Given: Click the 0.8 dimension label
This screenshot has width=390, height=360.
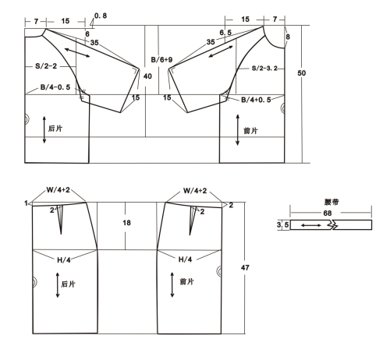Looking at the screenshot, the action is pos(101,16).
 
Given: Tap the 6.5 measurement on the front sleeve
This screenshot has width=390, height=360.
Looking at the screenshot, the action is pos(225,33).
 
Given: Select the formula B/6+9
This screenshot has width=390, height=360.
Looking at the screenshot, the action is pos(161,60).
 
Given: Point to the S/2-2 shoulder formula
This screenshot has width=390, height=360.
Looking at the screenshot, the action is pos(46,66).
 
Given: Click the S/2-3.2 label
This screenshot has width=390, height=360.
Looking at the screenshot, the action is pos(264,69).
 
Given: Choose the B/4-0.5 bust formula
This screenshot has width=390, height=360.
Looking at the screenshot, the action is pos(55,87).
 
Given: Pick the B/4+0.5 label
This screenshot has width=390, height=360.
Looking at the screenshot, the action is pos(256,100).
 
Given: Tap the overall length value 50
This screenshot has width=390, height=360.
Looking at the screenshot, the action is pos(302,73).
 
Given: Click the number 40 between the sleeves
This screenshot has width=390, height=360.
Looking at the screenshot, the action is pos(147,76).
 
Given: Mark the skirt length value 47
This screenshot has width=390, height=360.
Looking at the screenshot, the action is pos(245,267).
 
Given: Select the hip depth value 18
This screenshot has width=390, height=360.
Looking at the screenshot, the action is pos(126,223).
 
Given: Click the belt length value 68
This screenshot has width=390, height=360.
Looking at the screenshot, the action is pos(328,214).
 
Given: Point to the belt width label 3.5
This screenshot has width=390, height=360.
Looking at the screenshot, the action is pos(282,224).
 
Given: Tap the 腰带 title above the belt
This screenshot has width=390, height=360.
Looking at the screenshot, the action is pos(331,202).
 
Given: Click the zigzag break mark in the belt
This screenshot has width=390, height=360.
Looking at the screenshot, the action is pos(331,224).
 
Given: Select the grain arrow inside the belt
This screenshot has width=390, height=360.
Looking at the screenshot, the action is pos(311,225).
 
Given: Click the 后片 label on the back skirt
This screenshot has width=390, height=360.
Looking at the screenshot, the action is pos(68,284).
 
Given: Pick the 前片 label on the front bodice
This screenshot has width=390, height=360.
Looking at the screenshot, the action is pos(250,131).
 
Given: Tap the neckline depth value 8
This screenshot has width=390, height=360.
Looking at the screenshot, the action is pos(288,37).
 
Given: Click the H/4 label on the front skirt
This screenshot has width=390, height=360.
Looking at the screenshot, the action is pos(185,259).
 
